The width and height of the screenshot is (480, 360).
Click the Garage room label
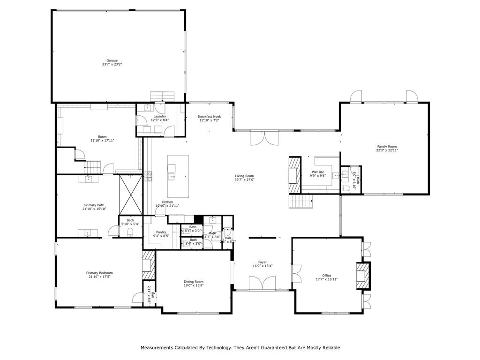[x=112, y=60]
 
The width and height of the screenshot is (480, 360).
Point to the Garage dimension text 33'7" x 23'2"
[x=112, y=64]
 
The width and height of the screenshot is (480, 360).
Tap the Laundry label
[x=160, y=116]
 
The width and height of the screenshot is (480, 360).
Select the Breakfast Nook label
[x=209, y=116]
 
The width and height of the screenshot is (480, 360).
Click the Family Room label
[x=387, y=146]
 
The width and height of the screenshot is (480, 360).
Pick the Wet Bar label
[x=318, y=172]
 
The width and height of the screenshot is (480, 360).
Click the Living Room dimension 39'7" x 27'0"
[x=245, y=180]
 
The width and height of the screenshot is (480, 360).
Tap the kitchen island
[x=178, y=176]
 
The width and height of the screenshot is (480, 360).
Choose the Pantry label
[x=161, y=232]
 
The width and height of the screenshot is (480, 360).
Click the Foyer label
[x=262, y=262]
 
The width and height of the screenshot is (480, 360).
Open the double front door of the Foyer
[x=262, y=284]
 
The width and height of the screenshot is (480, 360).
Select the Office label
[x=327, y=275]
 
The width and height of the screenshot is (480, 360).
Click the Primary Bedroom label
[x=99, y=273]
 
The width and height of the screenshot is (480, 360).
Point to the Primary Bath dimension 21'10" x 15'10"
[x=95, y=209]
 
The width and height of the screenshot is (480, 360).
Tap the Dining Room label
[x=194, y=282]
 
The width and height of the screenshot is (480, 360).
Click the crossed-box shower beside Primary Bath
[x=130, y=194]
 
